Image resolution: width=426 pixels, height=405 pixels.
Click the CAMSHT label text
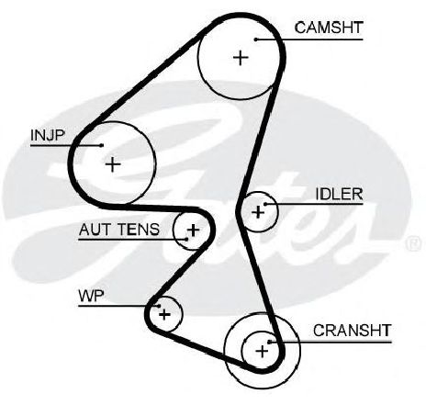tap(329, 28)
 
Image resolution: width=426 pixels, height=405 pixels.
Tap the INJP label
tap(48, 135)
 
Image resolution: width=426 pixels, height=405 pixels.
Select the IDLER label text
tap(339, 194)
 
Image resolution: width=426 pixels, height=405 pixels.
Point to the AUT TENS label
tap(119, 230)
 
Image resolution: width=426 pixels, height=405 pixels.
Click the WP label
tap(91, 296)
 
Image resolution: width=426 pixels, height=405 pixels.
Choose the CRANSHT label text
tap(352, 331)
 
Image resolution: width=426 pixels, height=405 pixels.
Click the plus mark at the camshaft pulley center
tap(241, 58)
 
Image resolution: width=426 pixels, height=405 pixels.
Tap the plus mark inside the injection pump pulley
tap(113, 164)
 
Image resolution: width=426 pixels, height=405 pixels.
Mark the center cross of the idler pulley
tap(258, 211)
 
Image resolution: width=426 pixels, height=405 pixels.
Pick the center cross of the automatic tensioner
tap(193, 230)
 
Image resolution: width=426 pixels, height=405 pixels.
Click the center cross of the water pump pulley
tap(164, 314)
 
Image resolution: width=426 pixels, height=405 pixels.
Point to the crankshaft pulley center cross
tap(262, 351)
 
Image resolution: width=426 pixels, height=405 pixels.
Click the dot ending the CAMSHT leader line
tap(256, 39)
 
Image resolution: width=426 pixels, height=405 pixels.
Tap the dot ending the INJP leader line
tap(102, 145)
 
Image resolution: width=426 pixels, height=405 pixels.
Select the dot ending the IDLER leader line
tap(265, 204)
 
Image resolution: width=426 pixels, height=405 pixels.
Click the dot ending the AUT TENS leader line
tap(186, 239)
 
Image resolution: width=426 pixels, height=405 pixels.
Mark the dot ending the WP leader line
tap(159, 306)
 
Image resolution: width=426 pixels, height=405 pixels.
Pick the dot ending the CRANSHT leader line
tap(269, 342)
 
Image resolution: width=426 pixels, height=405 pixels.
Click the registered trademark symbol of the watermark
tap(413, 243)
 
